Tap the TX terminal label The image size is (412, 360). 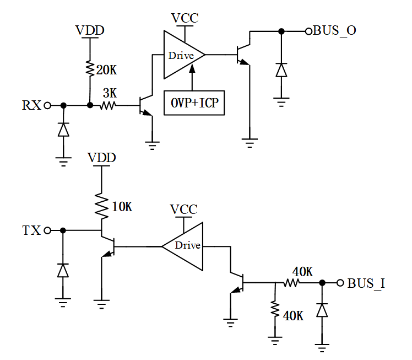tap(31, 230)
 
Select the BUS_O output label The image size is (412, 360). tap(334, 31)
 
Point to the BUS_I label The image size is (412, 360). tap(366, 283)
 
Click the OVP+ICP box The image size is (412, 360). tap(194, 103)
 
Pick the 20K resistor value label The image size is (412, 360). tap(106, 70)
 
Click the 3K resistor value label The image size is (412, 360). tap(110, 94)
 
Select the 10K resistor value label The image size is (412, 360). tap(122, 207)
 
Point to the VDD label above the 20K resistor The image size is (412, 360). tap(89, 30)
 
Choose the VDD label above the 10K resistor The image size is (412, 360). tap(102, 158)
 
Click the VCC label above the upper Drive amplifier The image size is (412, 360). tap(185, 18)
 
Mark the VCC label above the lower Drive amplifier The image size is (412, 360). tap(183, 209)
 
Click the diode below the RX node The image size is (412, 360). tap(63, 130)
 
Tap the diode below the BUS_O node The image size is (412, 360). tap(281, 70)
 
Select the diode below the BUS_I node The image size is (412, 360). tap(322, 311)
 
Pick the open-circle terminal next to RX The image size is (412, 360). tap(47, 105)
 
